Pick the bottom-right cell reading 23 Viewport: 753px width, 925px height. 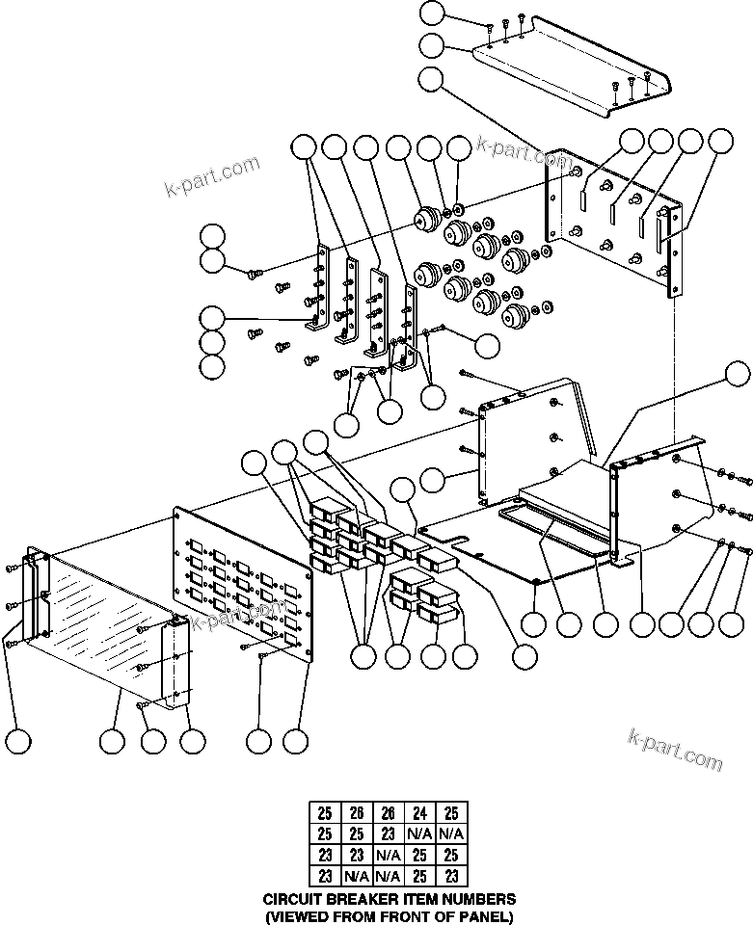click(x=451, y=876)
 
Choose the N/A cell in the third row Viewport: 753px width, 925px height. click(x=388, y=856)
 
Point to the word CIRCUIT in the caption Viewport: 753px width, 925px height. click(x=293, y=898)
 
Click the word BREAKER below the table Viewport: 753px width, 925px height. click(x=362, y=898)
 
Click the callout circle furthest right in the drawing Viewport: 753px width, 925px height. click(x=738, y=373)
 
